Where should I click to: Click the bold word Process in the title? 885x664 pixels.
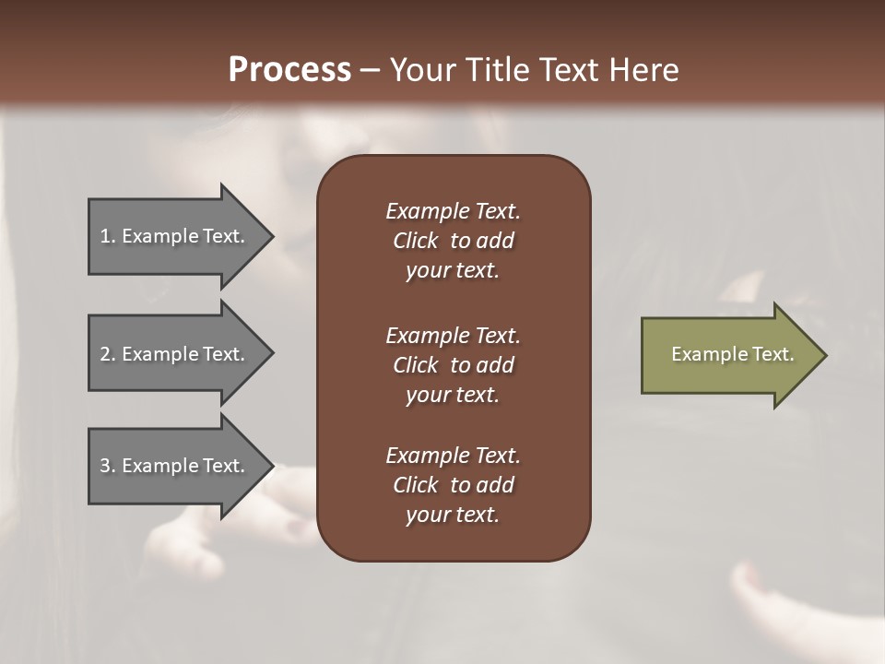click(289, 70)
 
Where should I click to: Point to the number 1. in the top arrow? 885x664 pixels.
click(108, 236)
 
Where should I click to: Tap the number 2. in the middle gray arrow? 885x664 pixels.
click(108, 354)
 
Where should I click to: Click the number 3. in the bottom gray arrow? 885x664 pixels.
click(108, 466)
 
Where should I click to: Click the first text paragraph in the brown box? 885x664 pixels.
click(453, 241)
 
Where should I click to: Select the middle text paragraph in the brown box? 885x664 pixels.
click(453, 365)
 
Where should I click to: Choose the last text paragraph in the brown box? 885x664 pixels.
click(453, 485)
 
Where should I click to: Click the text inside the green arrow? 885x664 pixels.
click(733, 354)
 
